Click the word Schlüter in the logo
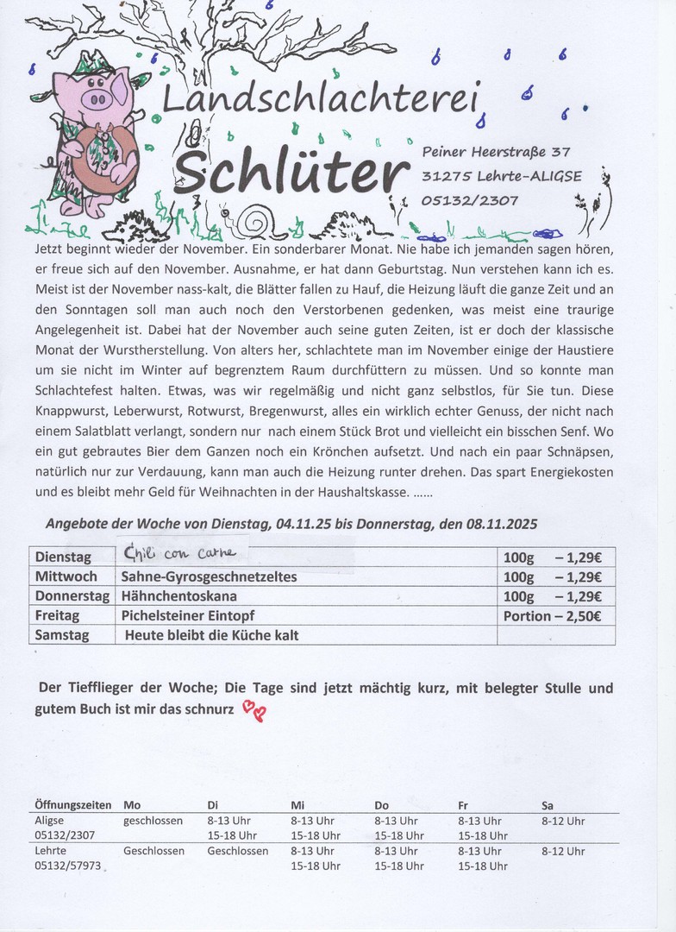tap(294, 172)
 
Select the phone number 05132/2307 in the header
tap(470, 200)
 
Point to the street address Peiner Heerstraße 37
tap(496, 152)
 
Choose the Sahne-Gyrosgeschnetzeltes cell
tap(209, 576)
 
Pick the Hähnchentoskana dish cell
tap(178, 596)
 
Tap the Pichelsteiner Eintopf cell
tap(188, 616)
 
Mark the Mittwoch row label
tap(66, 576)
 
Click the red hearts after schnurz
tap(254, 710)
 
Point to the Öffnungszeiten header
tap(72, 805)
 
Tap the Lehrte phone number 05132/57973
tap(67, 866)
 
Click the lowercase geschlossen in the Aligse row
tap(153, 821)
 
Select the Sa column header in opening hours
tap(548, 805)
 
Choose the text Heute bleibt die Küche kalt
tap(211, 635)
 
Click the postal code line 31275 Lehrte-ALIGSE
tap(502, 176)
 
